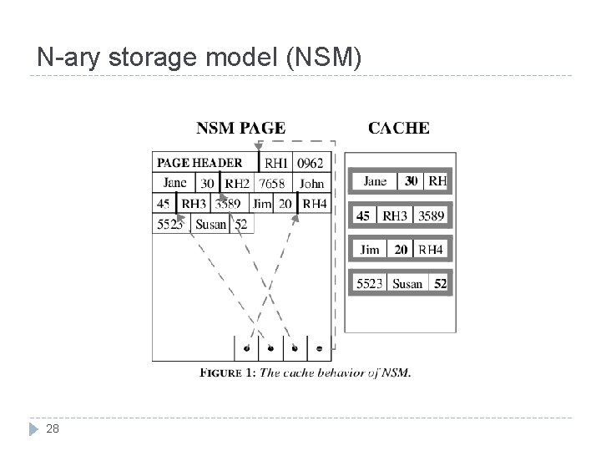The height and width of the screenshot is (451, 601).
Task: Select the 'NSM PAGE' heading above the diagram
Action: [240, 128]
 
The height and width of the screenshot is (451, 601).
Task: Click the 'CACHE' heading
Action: [399, 128]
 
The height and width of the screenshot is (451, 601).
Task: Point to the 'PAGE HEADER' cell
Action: [199, 163]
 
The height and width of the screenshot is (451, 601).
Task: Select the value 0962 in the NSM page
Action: [311, 163]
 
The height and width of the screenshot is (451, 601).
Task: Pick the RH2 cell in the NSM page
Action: [238, 184]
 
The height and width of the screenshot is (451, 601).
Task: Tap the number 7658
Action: [272, 184]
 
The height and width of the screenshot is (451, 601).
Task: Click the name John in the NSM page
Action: [312, 184]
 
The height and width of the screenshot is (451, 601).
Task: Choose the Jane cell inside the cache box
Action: [376, 180]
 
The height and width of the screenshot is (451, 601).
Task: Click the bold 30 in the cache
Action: [412, 180]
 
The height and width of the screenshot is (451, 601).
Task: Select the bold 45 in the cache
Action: [364, 215]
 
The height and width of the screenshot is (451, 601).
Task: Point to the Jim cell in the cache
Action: [370, 250]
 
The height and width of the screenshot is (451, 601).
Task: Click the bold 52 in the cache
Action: [440, 284]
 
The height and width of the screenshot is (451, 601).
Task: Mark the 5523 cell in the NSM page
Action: [170, 223]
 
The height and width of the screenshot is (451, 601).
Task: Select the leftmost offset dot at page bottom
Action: [246, 348]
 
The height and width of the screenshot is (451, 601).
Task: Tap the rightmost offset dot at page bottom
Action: [320, 348]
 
